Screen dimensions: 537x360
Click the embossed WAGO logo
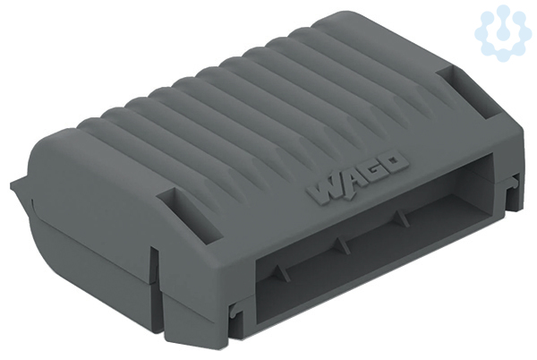pos(357,177)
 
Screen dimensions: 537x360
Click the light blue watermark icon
pos(503,33)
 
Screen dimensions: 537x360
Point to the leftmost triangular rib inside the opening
pos(282,272)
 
